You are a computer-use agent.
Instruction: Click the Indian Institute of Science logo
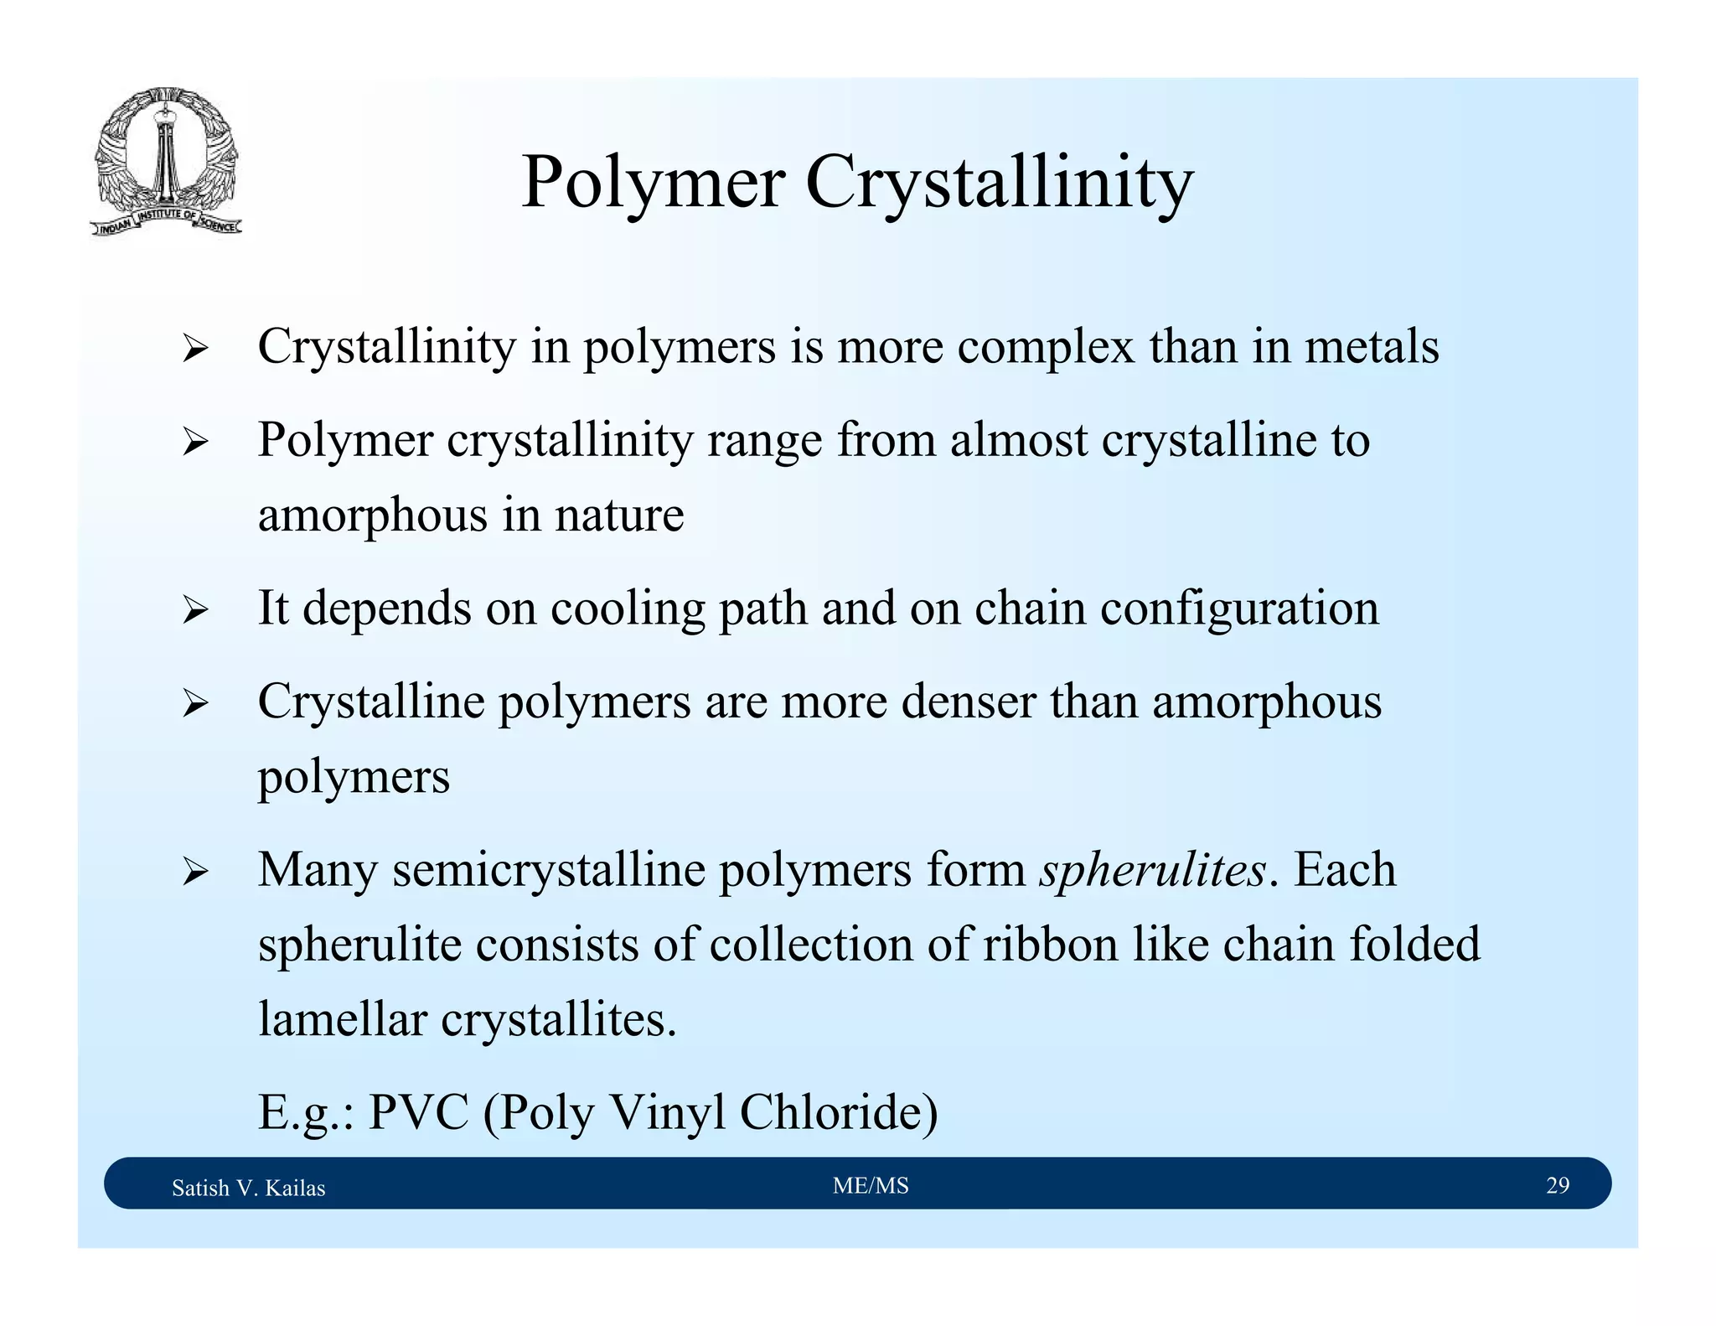[166, 161]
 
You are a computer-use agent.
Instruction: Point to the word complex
[1046, 346]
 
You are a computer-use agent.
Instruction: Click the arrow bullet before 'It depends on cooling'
[194, 609]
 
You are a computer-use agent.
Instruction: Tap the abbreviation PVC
[418, 1112]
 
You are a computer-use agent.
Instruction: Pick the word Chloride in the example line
[839, 1112]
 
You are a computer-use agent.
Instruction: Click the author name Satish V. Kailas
[248, 1188]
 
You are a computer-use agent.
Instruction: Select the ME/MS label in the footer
[871, 1185]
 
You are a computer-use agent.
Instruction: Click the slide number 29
[1558, 1185]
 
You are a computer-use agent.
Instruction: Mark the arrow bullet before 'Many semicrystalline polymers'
[194, 872]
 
